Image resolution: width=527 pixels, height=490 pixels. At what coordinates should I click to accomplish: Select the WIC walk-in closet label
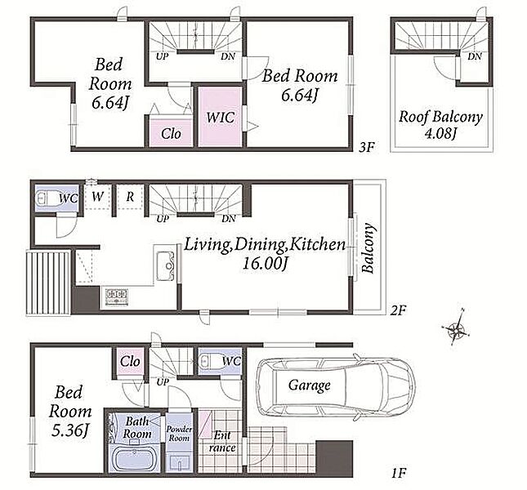point(221,118)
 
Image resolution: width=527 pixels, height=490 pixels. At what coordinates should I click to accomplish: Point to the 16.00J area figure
point(266,263)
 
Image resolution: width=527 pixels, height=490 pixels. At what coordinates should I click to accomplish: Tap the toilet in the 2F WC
point(47,198)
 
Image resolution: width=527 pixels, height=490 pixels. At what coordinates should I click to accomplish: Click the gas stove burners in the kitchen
point(117,296)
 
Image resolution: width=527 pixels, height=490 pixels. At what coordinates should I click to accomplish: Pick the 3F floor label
point(366,147)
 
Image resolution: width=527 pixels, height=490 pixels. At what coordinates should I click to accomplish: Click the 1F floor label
point(399,474)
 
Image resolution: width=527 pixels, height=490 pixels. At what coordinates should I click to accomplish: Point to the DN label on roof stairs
point(475,56)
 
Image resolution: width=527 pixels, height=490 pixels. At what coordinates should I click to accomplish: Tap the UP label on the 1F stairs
point(163,382)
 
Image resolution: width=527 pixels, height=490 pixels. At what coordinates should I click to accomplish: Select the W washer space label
point(97,197)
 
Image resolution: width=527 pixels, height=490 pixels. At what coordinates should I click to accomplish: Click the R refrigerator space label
point(130,197)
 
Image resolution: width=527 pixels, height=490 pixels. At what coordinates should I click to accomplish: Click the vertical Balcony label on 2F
point(368,248)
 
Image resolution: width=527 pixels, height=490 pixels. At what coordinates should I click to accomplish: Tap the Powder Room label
point(179,434)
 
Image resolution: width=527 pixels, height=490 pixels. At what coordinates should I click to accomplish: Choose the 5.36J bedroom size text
point(69,430)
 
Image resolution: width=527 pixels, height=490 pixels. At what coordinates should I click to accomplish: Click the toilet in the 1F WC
point(210,362)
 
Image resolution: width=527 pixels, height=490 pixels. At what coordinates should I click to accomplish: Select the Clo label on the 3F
point(171,134)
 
